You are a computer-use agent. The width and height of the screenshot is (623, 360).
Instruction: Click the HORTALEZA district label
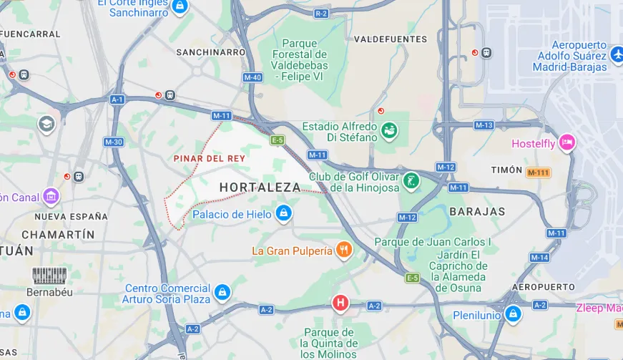point(260,187)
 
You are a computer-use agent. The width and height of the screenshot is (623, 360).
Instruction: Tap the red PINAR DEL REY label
point(210,158)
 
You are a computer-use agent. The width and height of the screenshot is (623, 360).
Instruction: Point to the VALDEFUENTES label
point(391,39)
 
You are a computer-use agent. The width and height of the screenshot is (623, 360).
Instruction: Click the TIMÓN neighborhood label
point(508,170)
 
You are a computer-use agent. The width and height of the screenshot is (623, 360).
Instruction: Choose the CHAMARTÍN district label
point(58,235)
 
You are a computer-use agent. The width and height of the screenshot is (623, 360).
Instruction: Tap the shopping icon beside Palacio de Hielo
point(284,213)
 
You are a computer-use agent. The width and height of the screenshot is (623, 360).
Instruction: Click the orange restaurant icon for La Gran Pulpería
point(345,250)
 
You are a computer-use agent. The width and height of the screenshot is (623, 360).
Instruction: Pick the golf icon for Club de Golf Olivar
point(411,180)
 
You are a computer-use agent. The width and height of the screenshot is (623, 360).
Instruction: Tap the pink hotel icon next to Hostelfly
point(567,142)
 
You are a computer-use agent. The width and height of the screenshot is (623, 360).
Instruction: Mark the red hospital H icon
point(340,303)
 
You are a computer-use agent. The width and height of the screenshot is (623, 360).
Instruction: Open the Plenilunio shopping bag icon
point(513,313)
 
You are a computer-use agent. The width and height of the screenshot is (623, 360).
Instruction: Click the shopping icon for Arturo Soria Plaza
point(222,292)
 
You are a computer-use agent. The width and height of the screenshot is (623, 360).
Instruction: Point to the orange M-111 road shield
point(539,172)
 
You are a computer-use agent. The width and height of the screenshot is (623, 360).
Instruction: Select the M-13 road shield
point(484,125)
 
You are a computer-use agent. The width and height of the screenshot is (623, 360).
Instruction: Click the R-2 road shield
point(321,14)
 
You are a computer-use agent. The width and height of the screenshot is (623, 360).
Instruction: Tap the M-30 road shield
point(114,142)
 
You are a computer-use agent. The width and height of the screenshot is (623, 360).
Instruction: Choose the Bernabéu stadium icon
point(50,276)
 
